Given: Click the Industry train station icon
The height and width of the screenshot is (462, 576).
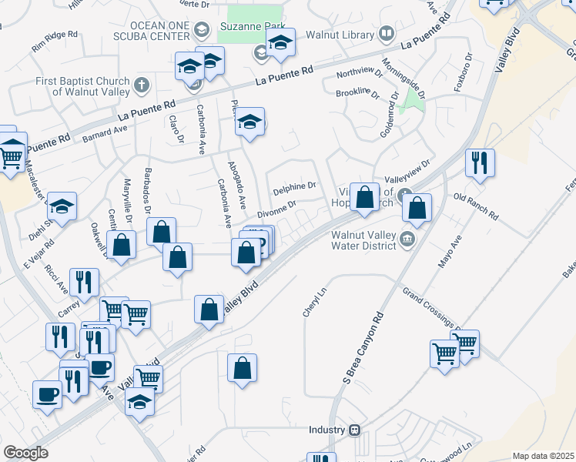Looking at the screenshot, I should pyautogui.click(x=355, y=430).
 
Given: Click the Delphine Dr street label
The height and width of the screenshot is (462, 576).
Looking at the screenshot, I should pyautogui.click(x=294, y=186).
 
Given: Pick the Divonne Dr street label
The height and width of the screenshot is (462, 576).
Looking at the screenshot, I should pyautogui.click(x=276, y=209).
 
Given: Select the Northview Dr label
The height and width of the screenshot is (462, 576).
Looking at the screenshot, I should pyautogui.click(x=358, y=74).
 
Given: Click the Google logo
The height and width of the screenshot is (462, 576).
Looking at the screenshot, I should pyautogui.click(x=25, y=453).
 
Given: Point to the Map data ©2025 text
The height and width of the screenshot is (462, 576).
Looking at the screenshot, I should pyautogui.click(x=543, y=456).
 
